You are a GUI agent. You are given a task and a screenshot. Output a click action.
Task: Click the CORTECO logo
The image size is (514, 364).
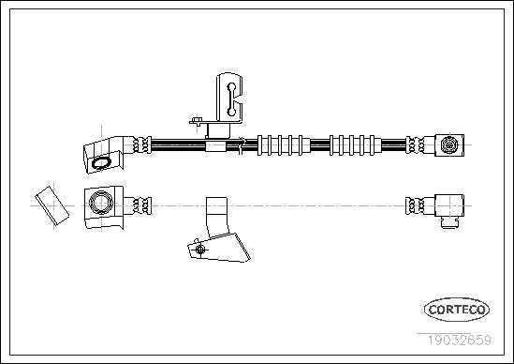pyautogui.click(x=457, y=310)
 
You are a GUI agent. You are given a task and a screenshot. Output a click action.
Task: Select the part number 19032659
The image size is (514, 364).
pyautogui.click(x=459, y=340)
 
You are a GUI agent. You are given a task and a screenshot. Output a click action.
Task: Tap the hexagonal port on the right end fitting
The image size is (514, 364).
pyautogui.click(x=448, y=144)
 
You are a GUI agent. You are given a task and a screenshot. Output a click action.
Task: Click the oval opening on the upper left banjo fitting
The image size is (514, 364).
pyautogui.click(x=101, y=163)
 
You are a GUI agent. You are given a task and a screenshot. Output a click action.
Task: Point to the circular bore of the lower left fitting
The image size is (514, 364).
pyautogui.click(x=101, y=203)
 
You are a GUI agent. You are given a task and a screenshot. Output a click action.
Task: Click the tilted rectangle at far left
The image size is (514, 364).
pyautogui.click(x=52, y=205)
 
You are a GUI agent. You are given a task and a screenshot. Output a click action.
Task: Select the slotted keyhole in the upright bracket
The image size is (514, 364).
pyautogui.click(x=231, y=99)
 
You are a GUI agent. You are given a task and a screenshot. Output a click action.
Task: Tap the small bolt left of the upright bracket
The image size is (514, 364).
pyautogui.click(x=197, y=121)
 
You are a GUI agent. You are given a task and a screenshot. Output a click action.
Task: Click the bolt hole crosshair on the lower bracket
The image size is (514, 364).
pyautogui.click(x=200, y=250)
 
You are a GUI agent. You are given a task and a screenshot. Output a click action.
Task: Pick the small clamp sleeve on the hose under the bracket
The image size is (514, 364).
pyautogui.click(x=215, y=145)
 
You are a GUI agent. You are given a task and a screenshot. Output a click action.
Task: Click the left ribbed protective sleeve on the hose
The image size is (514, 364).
pyautogui.click(x=284, y=144)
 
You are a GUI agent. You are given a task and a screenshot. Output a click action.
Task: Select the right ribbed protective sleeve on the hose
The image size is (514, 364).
pyautogui.click(x=356, y=144)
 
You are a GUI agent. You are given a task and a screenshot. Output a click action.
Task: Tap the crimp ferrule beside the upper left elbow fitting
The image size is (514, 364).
pyautogui.click(x=142, y=144)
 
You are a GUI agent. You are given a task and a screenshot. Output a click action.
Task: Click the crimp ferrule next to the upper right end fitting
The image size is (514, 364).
pyautogui.click(x=415, y=144)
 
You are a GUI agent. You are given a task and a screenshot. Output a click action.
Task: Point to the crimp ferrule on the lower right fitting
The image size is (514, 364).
pyautogui.click(x=415, y=206)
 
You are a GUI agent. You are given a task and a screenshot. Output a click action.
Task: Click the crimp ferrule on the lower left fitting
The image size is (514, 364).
pyautogui.click(x=142, y=206)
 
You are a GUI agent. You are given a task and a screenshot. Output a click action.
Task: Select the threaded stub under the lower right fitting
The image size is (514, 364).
pyautogui.click(x=449, y=223)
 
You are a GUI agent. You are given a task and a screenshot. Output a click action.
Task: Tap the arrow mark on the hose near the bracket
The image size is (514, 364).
pyautogui.click(x=242, y=145)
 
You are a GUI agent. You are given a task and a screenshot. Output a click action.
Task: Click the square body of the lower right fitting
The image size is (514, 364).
pyautogui.click(x=449, y=206)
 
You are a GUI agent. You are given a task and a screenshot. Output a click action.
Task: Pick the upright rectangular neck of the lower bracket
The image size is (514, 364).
pyautogui.click(x=216, y=217)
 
